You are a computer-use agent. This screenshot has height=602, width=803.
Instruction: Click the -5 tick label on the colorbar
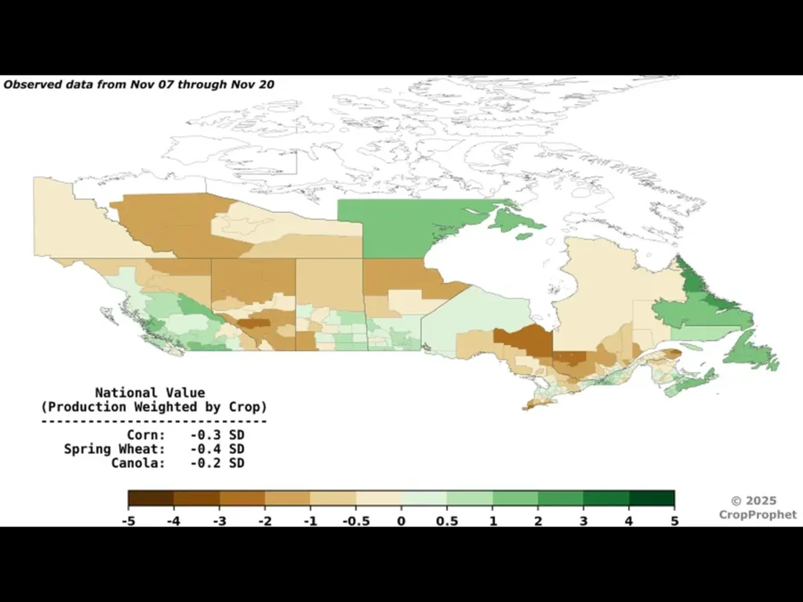click(x=128, y=520)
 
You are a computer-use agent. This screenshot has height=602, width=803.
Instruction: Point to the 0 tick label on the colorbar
click(x=401, y=520)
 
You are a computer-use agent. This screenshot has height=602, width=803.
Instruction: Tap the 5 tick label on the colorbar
click(x=674, y=520)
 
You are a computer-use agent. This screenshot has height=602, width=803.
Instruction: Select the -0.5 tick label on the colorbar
click(x=355, y=520)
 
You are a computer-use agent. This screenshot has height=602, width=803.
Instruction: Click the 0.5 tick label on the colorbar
click(x=447, y=520)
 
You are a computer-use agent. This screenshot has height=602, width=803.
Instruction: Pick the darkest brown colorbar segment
click(x=151, y=499)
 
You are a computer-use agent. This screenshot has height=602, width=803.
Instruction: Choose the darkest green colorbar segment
click(x=652, y=499)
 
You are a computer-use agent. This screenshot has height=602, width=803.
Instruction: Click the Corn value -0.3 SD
click(x=216, y=434)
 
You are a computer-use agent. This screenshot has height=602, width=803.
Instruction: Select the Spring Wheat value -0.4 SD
click(x=216, y=449)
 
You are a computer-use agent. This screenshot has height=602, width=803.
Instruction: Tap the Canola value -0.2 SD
click(x=216, y=463)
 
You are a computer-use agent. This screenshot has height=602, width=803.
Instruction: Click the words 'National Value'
click(x=150, y=393)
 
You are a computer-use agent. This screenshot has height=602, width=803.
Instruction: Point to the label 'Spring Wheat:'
click(x=114, y=449)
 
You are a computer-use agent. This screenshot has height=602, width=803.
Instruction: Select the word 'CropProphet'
click(x=758, y=515)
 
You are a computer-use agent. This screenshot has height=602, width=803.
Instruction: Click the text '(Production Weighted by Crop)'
click(x=154, y=407)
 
